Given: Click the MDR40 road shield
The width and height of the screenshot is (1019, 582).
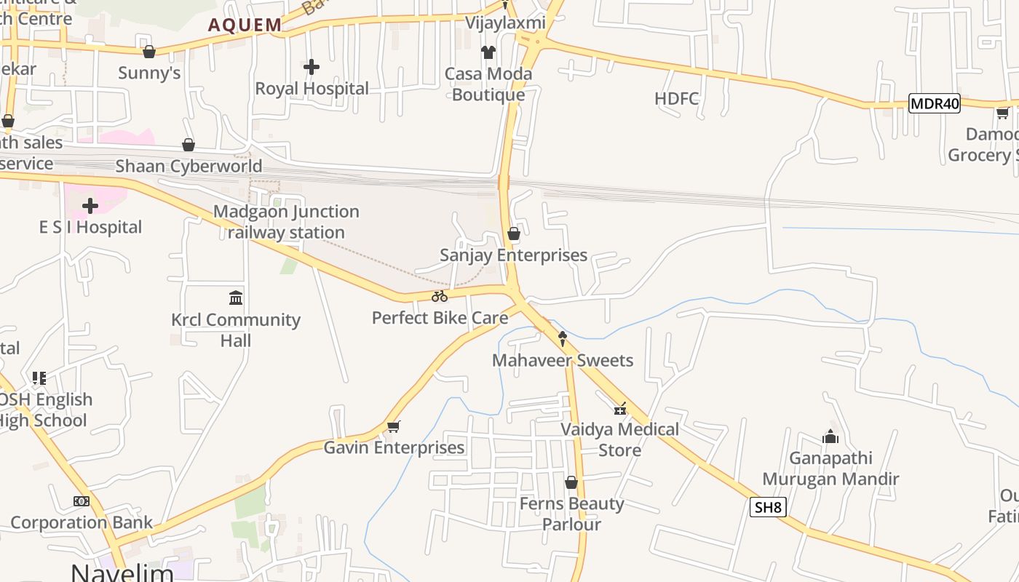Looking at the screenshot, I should pyautogui.click(x=935, y=104).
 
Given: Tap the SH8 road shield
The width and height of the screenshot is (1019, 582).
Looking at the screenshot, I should pyautogui.click(x=768, y=507).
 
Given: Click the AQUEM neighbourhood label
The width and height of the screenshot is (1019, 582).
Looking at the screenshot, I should pyautogui.click(x=245, y=25).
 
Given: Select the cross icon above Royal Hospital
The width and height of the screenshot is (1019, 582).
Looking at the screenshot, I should pyautogui.click(x=312, y=68).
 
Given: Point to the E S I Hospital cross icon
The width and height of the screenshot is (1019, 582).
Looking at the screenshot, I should pyautogui.click(x=90, y=206).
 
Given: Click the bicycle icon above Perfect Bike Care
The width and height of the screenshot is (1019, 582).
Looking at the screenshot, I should pyautogui.click(x=440, y=296).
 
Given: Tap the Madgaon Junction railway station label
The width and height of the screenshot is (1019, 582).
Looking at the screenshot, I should pyautogui.click(x=286, y=222).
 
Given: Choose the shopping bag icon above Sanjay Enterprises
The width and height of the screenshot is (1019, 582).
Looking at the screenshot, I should pyautogui.click(x=514, y=234).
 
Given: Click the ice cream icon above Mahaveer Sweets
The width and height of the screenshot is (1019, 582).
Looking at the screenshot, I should pyautogui.click(x=563, y=338).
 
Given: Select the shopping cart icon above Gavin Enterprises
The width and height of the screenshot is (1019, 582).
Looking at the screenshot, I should pyautogui.click(x=394, y=426).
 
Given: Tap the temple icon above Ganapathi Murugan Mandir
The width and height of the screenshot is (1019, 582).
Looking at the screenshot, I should pyautogui.click(x=830, y=436).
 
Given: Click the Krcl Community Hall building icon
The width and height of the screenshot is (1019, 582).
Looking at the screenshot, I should pyautogui.click(x=236, y=298).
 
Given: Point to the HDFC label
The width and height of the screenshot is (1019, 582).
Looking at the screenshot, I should pyautogui.click(x=676, y=98).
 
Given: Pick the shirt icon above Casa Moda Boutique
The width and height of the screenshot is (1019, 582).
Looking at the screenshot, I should pyautogui.click(x=488, y=52).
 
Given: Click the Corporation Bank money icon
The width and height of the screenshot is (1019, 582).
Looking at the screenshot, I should pyautogui.click(x=82, y=501).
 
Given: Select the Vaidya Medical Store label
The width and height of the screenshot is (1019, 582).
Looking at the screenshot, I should pyautogui.click(x=620, y=439).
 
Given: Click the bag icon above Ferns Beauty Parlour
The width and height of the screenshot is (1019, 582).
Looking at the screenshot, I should pyautogui.click(x=571, y=482).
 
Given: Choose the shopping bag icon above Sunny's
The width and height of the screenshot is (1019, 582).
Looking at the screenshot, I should pyautogui.click(x=149, y=52).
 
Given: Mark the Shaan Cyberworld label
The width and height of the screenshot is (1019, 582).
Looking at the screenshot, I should pyautogui.click(x=189, y=166).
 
